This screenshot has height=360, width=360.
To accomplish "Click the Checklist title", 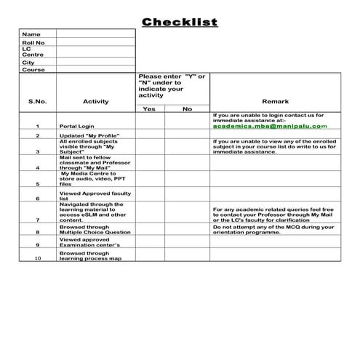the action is (x=180, y=22).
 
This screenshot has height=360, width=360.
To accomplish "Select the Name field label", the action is (x=31, y=34).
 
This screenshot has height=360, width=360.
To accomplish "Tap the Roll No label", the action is (x=33, y=44).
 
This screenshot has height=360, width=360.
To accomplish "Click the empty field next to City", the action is (x=95, y=62).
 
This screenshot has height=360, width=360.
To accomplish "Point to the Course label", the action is (x=33, y=70).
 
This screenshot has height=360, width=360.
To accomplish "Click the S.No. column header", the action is (x=37, y=101).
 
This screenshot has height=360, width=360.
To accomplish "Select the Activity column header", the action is (x=96, y=101).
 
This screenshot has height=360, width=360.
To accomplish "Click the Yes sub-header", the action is (x=150, y=109).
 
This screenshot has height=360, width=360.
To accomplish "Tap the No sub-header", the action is (x=187, y=109).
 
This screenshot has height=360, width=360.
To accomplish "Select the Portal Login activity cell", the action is (x=77, y=126).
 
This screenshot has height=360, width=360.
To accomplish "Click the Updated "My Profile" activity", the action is (x=89, y=136).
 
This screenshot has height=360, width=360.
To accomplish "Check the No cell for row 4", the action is (x=187, y=162).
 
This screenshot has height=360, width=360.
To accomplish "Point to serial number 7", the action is (x=37, y=219).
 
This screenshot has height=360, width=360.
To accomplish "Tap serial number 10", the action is (x=38, y=258).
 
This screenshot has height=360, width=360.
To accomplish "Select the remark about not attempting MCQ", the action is (x=273, y=229).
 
